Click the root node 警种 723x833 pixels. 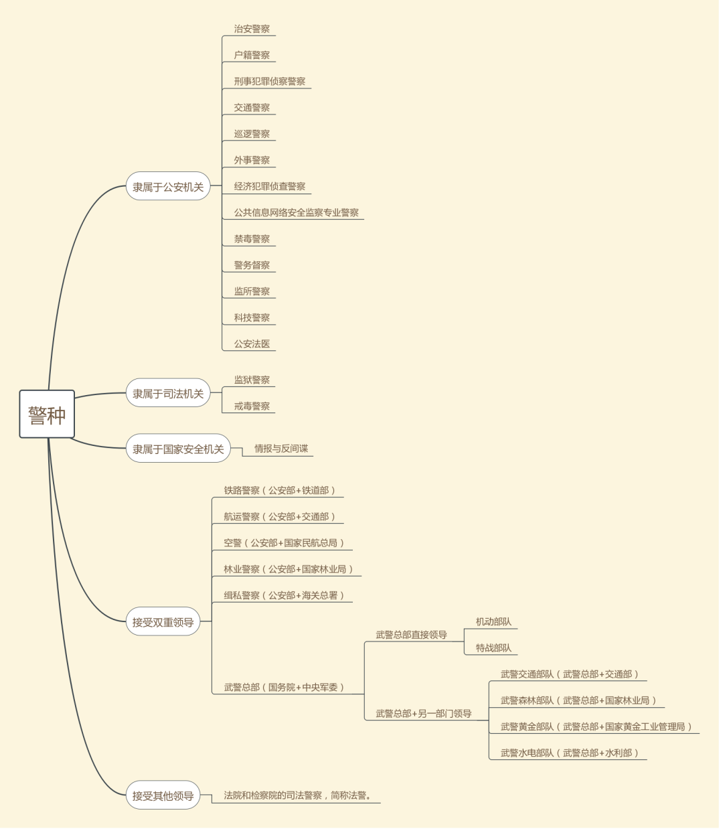point(47,414)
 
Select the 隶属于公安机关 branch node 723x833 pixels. point(168,187)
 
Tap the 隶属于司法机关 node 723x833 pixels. point(168,394)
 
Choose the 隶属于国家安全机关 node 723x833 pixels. point(178,449)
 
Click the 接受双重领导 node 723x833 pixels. point(163,623)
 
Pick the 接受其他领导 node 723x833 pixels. point(163,796)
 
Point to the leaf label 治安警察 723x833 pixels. point(252,29)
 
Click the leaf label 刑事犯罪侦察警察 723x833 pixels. point(270,82)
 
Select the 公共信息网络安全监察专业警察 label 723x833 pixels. point(296,213)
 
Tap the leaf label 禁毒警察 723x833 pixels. point(252,239)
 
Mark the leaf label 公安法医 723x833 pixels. point(252,344)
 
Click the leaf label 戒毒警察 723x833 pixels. point(252,406)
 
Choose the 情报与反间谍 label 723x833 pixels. point(281,449)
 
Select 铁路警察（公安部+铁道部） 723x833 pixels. point(279,491)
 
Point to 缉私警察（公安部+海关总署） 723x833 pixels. point(284,595)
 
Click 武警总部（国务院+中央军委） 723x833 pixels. point(284,687)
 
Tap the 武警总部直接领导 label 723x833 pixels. point(411,635)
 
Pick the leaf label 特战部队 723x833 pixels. point(493,648)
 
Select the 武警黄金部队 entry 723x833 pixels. point(596,727)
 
